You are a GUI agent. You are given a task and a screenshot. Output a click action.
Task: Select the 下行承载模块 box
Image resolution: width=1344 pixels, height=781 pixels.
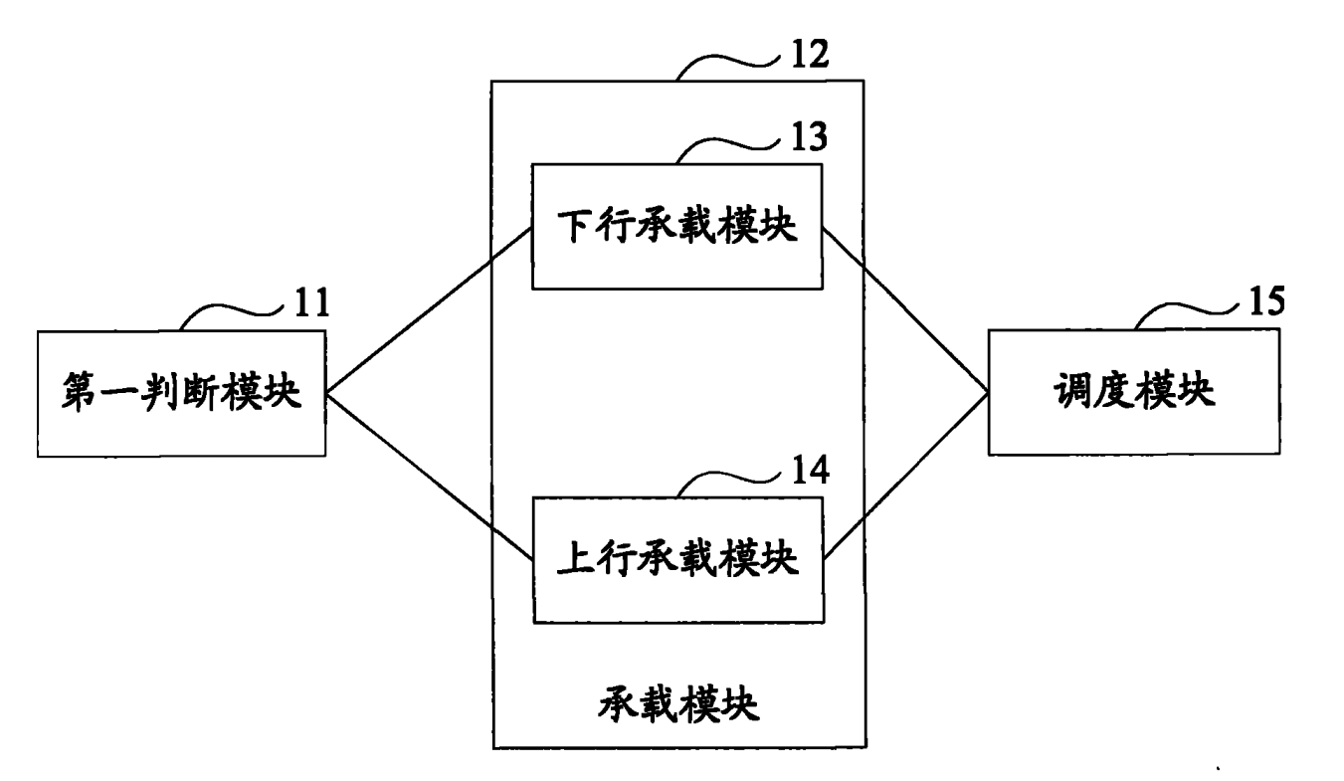pos(676,227)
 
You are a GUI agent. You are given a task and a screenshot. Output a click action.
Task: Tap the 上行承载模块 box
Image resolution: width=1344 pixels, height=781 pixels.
pos(676,559)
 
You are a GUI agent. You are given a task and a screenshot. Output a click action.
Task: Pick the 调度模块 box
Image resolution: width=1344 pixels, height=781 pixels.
pos(1132,392)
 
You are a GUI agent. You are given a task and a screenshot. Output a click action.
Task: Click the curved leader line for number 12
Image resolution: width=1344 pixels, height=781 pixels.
pos(726,65)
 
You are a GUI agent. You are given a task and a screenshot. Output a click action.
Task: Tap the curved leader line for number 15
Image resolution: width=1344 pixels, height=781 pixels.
pos(1184,311)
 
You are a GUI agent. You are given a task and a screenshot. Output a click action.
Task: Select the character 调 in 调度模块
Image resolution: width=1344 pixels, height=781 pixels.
pos(1071,392)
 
